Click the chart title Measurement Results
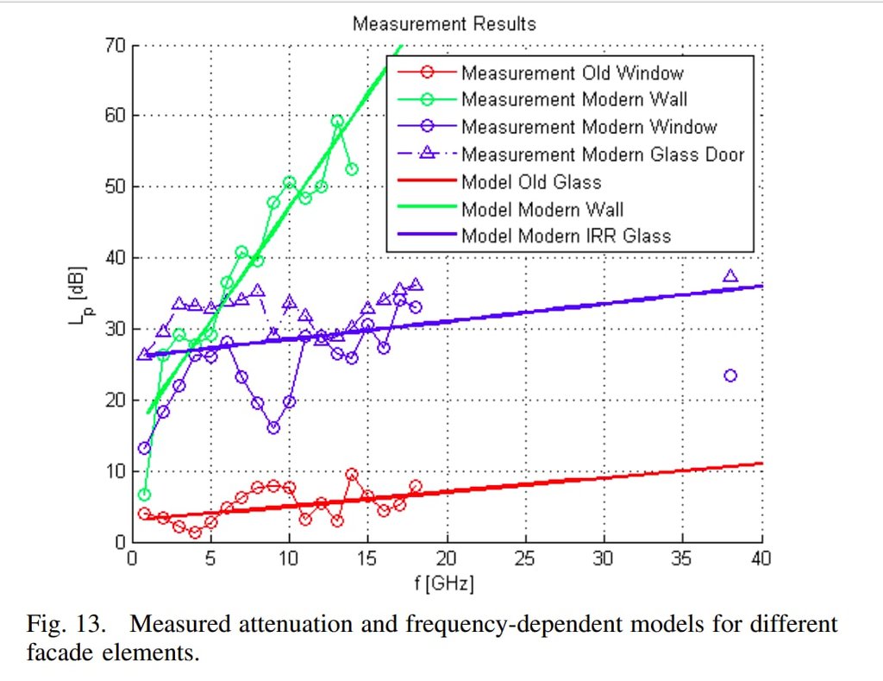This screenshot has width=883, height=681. point(443,23)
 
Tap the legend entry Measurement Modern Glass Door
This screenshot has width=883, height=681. point(603,154)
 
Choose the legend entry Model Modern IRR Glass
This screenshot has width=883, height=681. point(566,235)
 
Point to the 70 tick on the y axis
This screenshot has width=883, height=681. point(113,45)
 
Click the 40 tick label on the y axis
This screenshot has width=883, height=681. point(113,258)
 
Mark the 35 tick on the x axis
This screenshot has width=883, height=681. point(683,558)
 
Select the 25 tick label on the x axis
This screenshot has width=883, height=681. point(525,558)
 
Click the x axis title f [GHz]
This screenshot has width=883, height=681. point(445,583)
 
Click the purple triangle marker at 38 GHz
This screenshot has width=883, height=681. point(730,276)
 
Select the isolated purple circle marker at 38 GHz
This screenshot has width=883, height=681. point(730,375)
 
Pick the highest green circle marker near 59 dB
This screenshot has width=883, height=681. point(336,122)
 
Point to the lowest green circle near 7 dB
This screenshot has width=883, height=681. point(144,495)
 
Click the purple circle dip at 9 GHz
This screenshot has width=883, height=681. point(273,427)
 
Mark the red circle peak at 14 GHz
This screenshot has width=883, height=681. point(352,474)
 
